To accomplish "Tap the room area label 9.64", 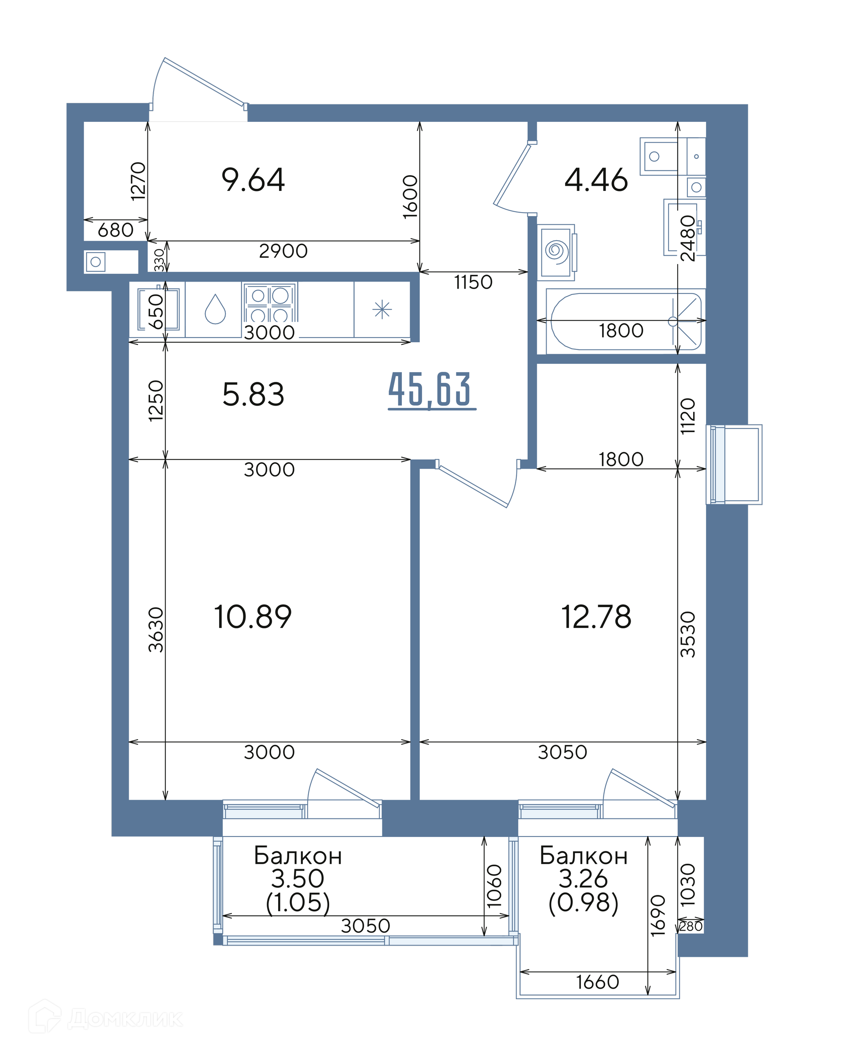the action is click(253, 180).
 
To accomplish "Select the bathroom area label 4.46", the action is click(596, 180).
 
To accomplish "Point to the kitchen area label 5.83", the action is click(253, 395).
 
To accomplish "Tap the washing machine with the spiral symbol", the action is click(556, 252).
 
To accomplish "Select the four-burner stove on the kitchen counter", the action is click(269, 302).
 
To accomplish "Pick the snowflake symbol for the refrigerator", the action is click(382, 310).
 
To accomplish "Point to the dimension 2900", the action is click(283, 251).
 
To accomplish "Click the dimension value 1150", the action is click(473, 282).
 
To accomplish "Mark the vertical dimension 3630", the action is click(156, 630).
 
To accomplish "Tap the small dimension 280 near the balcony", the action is click(691, 927).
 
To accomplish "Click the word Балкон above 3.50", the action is click(298, 856).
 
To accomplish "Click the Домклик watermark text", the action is click(125, 1019).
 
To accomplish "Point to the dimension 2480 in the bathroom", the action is click(688, 238).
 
